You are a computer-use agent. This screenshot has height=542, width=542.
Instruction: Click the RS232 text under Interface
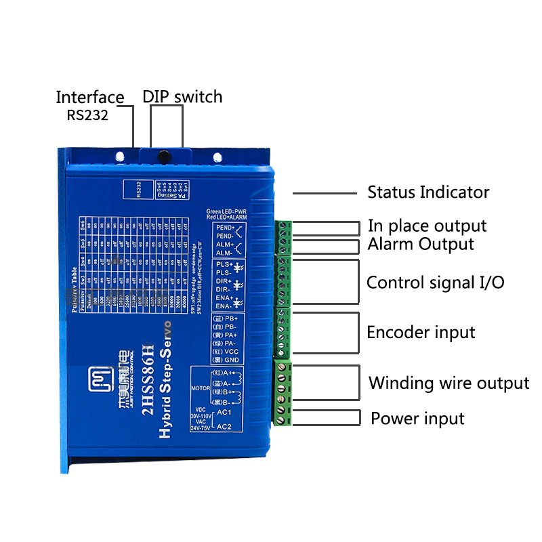tap(87, 114)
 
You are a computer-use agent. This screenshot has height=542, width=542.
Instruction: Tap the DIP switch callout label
tap(182, 97)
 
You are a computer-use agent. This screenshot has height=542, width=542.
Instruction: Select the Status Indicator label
tap(428, 192)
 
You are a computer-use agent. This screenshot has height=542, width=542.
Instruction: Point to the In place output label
tap(427, 226)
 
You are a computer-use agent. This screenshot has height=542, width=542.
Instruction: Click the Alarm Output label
tap(421, 244)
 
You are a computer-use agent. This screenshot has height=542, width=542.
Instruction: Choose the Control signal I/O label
tap(435, 283)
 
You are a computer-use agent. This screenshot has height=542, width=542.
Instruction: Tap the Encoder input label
tap(421, 333)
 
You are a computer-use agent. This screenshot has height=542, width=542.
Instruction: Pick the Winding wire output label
tap(449, 383)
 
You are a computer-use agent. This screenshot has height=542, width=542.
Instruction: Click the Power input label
tap(417, 419)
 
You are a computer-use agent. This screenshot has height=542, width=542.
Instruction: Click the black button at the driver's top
tap(163, 157)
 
